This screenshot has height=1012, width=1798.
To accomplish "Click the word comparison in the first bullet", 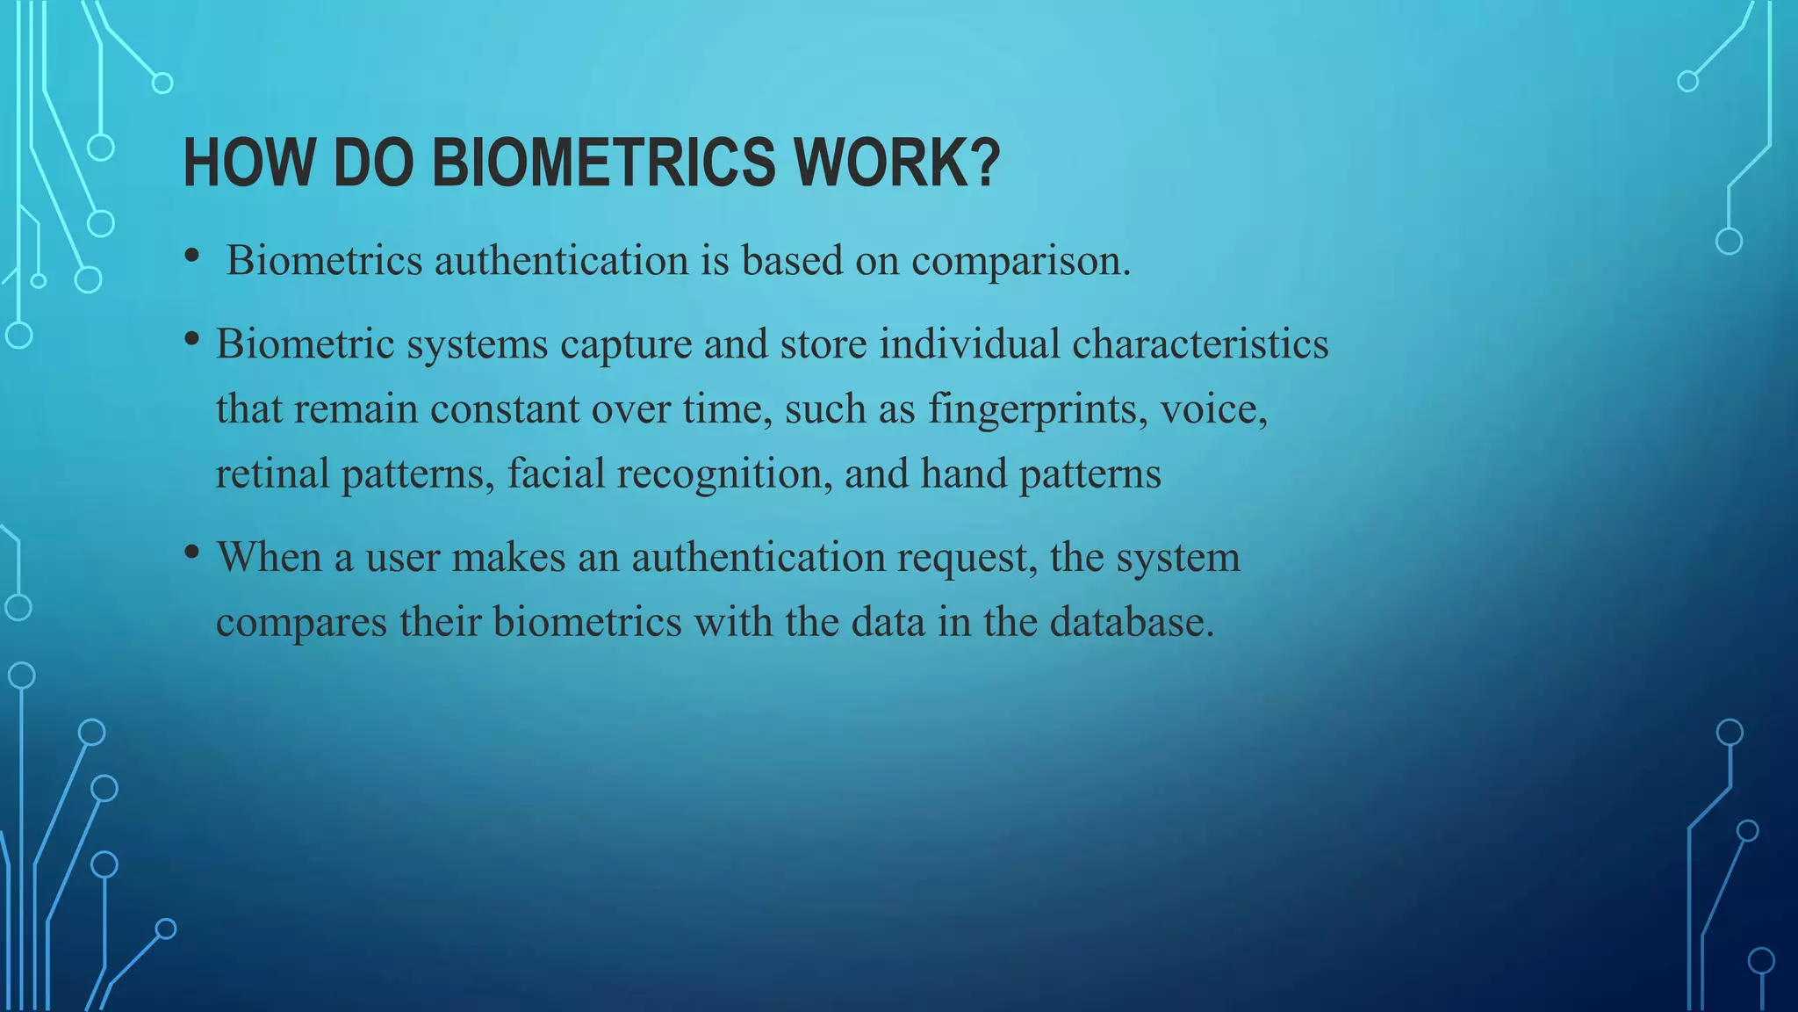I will coord(1021,262).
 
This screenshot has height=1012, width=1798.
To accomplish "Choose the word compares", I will coord(301,622).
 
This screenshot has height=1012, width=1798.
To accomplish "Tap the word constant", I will coord(505,409).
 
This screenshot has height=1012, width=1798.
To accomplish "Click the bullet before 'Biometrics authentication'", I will coord(191,257).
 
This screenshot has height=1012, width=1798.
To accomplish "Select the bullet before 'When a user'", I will coord(191,553).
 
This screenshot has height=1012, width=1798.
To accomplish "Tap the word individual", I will coord(969,343).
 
